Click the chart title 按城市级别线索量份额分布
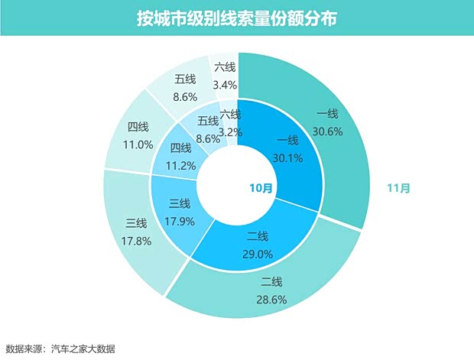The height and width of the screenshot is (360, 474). pos(236,17)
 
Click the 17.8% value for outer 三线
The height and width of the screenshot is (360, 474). pos(136,238)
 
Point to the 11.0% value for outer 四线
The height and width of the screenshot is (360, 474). pos(140,142)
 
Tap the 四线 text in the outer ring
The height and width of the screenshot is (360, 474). pos(139,126)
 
